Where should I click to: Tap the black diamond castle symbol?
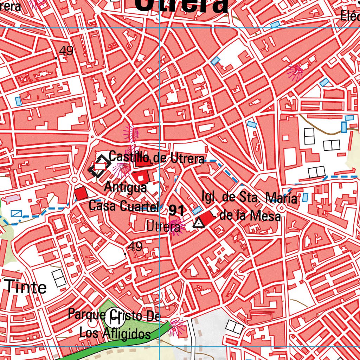pyautogui.click(x=98, y=166)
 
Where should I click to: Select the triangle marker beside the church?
pyautogui.click(x=199, y=223)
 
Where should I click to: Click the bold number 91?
pyautogui.click(x=176, y=211)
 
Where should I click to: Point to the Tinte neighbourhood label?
pyautogui.click(x=26, y=287)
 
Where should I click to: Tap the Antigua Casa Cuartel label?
pyautogui.click(x=124, y=197)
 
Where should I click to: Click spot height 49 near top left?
pyautogui.click(x=66, y=51)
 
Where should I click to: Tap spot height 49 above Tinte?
pyautogui.click(x=135, y=246)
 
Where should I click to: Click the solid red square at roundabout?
pyautogui.click(x=81, y=194)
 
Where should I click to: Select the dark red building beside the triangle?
pyautogui.click(x=207, y=218)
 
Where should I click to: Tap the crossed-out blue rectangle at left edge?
pyautogui.click(x=16, y=213)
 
